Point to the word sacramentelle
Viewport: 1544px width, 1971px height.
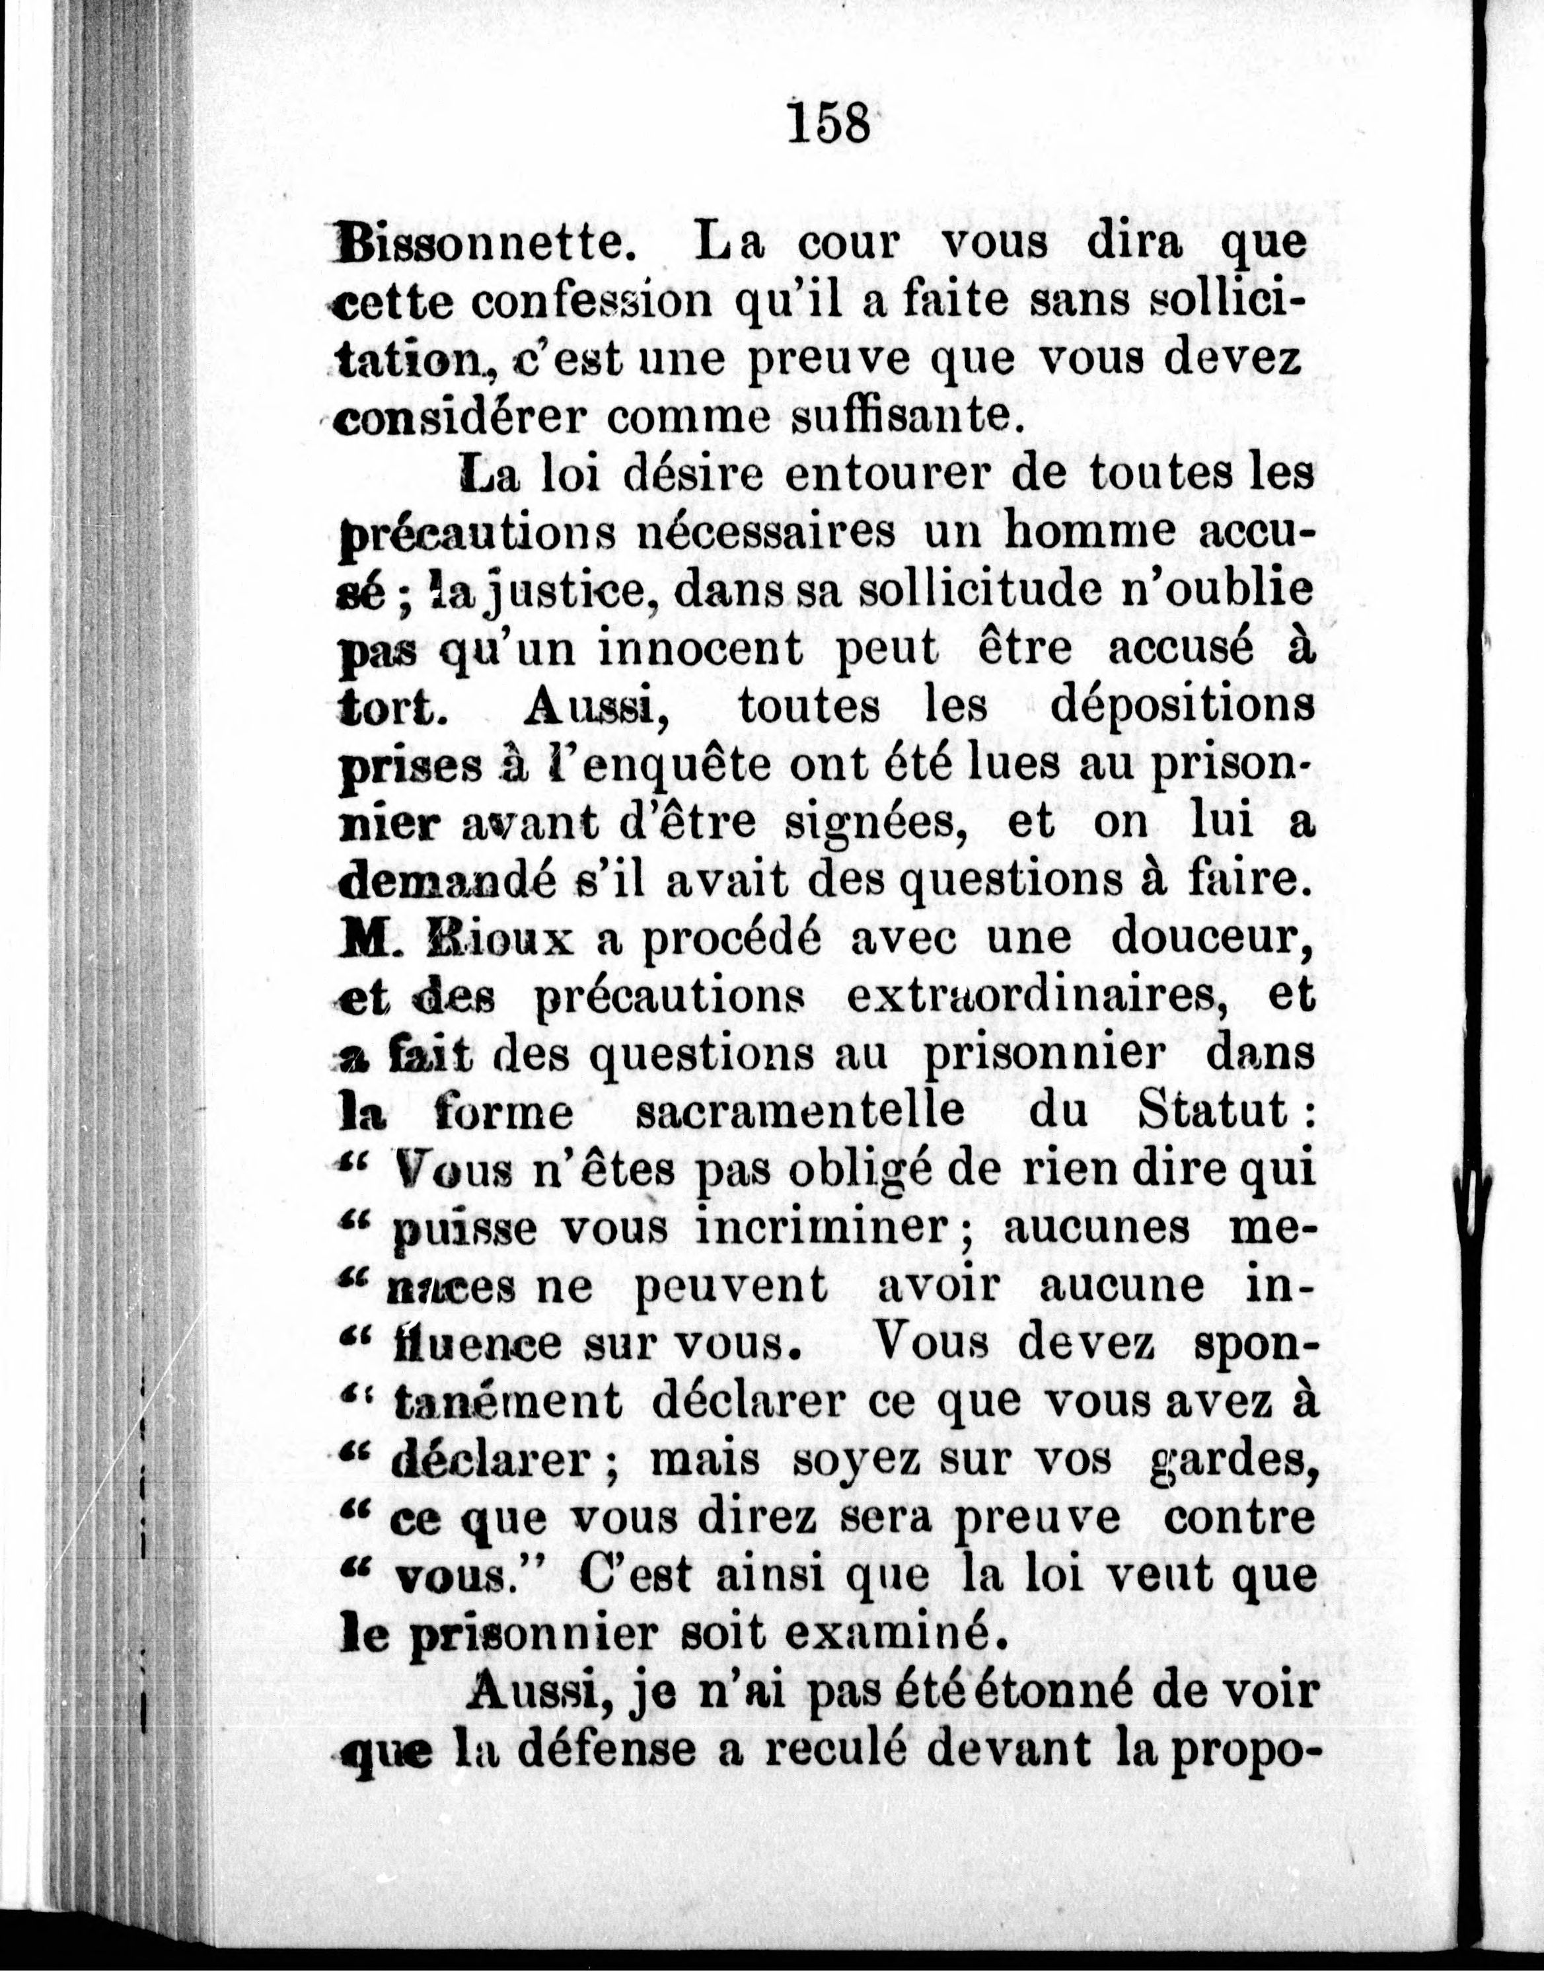click(799, 1111)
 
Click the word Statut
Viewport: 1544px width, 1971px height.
click(1212, 1110)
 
